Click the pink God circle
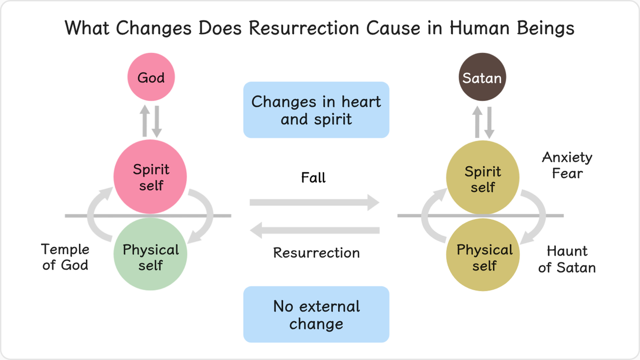151,77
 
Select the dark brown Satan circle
482,77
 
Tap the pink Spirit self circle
150,177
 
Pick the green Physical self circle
150,254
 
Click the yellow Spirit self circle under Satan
483,177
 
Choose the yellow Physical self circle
483,255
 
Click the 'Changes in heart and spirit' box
316,110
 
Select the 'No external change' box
316,314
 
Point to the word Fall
314,178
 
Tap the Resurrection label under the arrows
316,253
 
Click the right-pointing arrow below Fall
315,203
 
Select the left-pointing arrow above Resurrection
315,230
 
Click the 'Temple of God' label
65,257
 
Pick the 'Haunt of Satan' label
567,259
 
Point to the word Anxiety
567,158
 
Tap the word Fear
567,173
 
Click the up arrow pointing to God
145,121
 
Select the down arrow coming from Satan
489,123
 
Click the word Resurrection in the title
304,28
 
